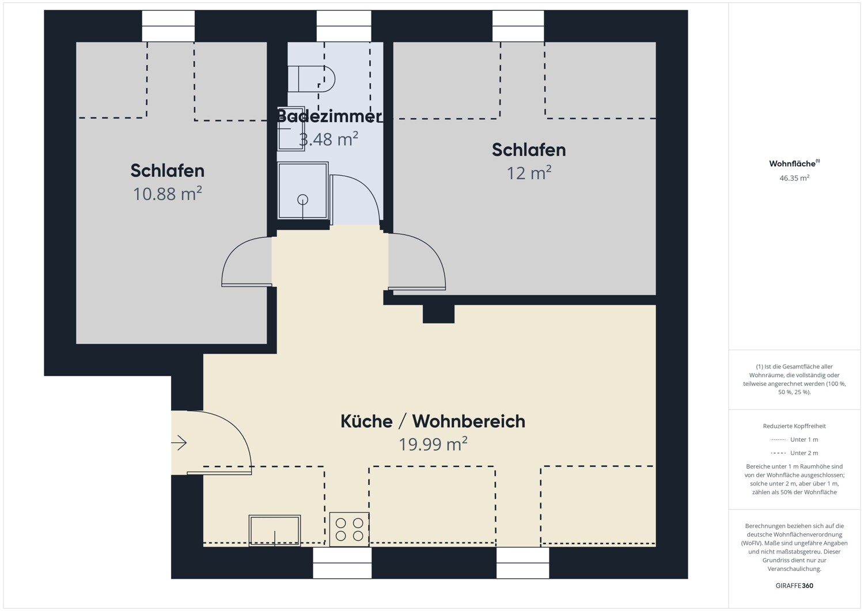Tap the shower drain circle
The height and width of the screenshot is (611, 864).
tap(302, 200)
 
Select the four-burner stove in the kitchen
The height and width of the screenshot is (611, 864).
tap(349, 529)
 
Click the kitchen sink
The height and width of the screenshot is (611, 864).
tap(275, 530)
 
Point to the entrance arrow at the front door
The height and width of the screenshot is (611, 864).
tap(180, 443)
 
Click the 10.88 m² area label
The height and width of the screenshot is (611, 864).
tap(167, 194)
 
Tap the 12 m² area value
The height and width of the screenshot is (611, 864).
tap(529, 173)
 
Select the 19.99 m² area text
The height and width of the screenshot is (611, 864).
tap(433, 445)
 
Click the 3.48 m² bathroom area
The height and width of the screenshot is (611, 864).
tap(328, 139)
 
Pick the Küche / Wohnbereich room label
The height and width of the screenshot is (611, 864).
tap(433, 421)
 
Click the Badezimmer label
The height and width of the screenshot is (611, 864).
tap(329, 116)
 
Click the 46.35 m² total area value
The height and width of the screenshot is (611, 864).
tap(794, 179)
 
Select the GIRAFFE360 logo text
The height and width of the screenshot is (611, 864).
tap(794, 586)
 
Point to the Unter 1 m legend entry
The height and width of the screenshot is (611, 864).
tap(794, 439)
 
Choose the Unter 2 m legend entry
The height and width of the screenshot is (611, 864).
tap(794, 453)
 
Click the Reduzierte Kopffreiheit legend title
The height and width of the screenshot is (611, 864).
tap(794, 426)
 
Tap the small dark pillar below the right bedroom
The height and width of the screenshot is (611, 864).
tap(438, 314)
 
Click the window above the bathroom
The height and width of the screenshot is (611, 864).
tap(344, 26)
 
